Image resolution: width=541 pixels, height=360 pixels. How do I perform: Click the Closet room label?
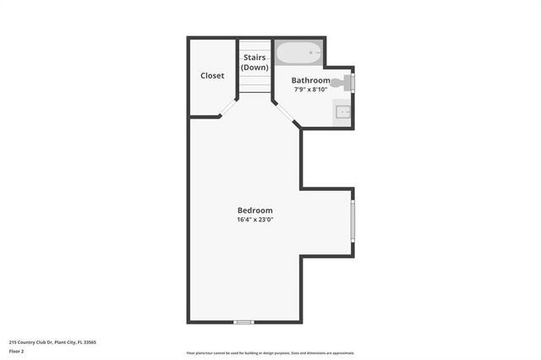point(212,76)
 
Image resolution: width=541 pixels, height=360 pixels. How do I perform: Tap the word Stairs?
point(254,57)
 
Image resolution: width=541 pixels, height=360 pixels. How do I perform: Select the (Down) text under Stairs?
point(254,68)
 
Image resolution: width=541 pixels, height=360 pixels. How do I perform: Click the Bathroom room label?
point(311,80)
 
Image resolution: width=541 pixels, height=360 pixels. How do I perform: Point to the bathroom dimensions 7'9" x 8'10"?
point(311,90)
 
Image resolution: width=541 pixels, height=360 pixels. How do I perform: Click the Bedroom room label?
point(254,210)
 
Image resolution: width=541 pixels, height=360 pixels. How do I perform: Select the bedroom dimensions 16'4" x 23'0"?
point(254,220)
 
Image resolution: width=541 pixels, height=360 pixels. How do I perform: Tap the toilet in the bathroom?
point(342,82)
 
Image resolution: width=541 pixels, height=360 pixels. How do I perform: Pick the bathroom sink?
point(343,112)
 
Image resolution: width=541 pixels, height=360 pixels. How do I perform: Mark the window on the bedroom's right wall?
point(352,221)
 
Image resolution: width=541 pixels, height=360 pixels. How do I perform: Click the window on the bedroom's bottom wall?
point(244,322)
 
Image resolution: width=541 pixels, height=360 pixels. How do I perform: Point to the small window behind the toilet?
point(353,82)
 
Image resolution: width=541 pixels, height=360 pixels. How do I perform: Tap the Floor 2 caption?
point(17,351)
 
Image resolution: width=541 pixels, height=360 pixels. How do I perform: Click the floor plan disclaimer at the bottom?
point(270,353)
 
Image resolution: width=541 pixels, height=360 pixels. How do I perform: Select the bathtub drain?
point(312,52)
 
